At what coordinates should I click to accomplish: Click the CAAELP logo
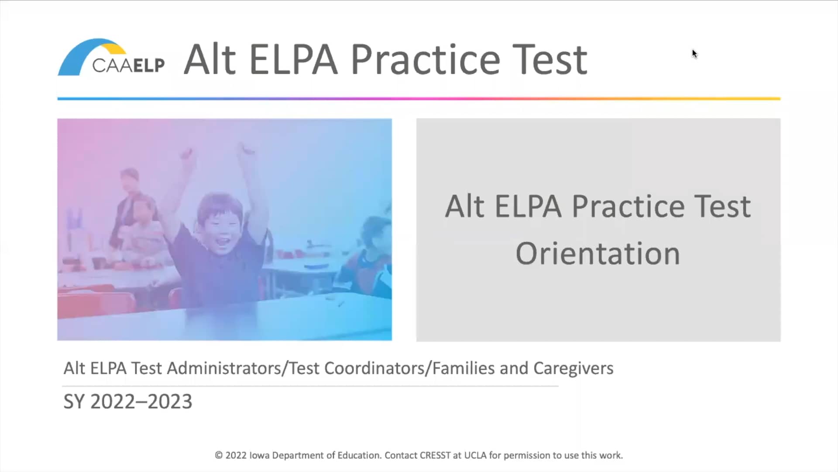(111, 57)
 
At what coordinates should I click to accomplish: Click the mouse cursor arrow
(694, 54)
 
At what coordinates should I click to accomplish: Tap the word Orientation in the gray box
(598, 254)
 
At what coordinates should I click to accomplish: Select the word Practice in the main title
(426, 60)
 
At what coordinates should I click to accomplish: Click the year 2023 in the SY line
(170, 402)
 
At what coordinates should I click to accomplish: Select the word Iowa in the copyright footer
(259, 455)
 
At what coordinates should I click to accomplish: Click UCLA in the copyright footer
(475, 455)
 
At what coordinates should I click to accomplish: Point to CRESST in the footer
(435, 455)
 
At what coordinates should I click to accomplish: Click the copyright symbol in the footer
(219, 455)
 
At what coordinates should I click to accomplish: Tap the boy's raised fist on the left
(186, 153)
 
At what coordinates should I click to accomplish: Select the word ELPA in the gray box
(528, 207)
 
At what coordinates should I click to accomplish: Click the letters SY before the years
(74, 402)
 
